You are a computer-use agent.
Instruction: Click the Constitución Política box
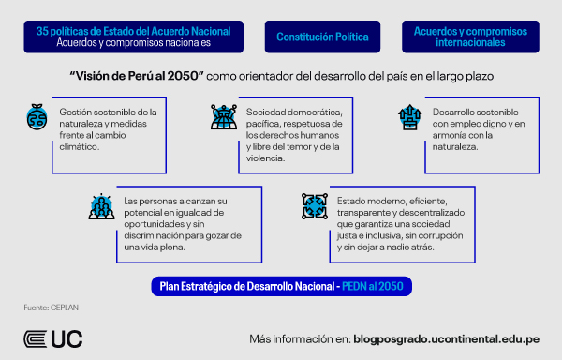[x=322, y=37]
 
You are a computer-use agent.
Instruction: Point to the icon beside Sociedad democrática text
[x=220, y=118]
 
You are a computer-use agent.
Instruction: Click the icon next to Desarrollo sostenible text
[x=408, y=118]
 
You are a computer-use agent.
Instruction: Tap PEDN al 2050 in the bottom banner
[x=377, y=284]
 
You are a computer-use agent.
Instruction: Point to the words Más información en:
[x=299, y=338]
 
